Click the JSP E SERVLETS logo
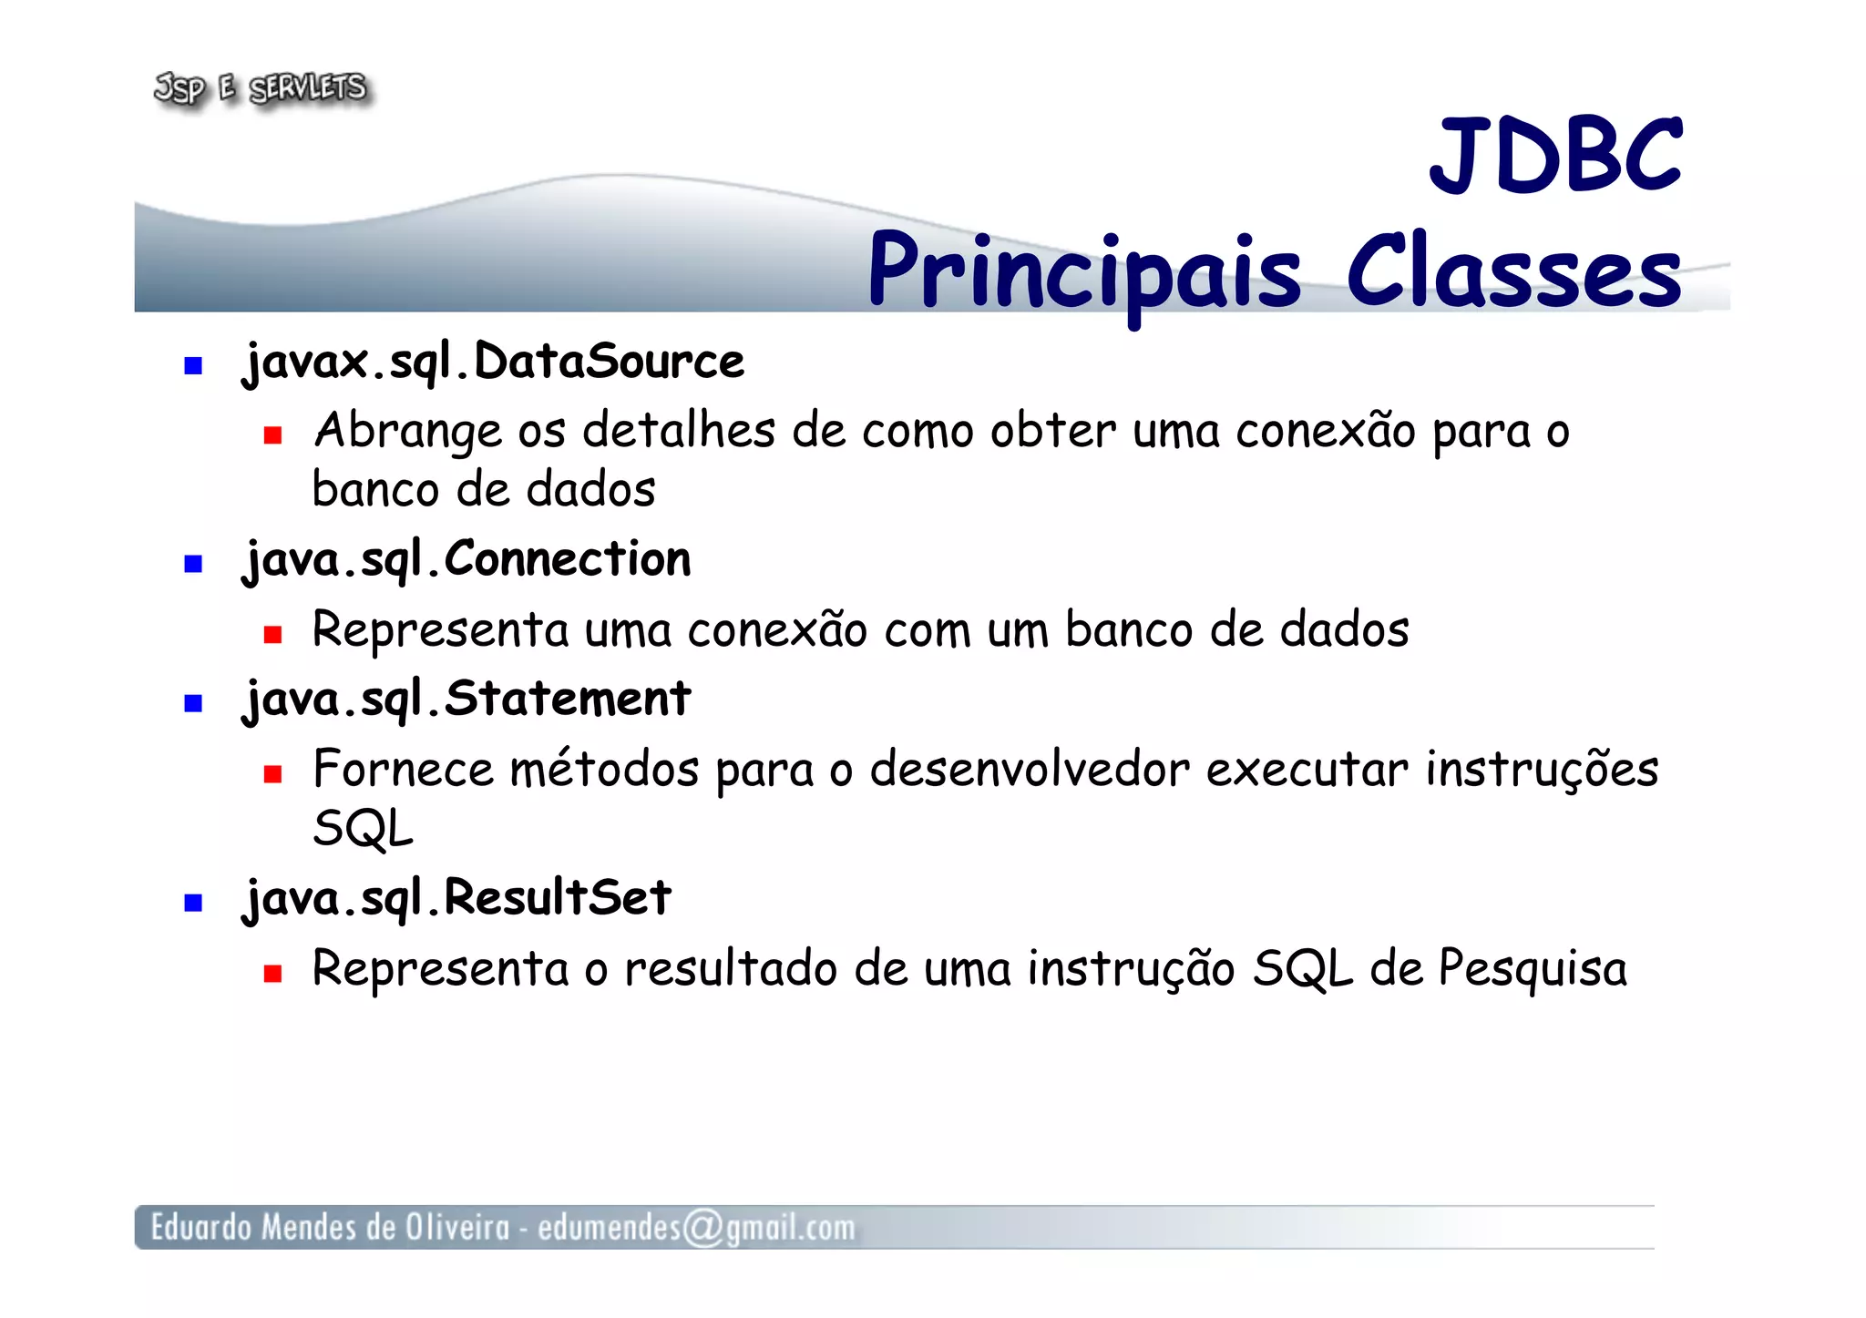pos(261,89)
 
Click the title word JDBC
pos(1555,156)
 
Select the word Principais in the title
pos(1084,272)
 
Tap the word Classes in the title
pos(1513,272)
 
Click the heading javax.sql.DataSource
pos(493,363)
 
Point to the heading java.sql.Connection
pos(466,559)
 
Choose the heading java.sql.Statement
pos(466,700)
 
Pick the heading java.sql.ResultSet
pos(456,898)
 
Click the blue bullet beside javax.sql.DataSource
pos(193,366)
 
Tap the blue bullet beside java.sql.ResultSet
pos(193,903)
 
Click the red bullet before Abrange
pos(272,435)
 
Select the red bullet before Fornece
pos(272,774)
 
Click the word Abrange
pos(407,432)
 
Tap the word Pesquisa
pos(1533,969)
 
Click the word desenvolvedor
pos(1030,769)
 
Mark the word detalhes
pos(679,430)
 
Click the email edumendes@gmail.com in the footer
pos(696,1228)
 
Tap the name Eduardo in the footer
pos(200,1227)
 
